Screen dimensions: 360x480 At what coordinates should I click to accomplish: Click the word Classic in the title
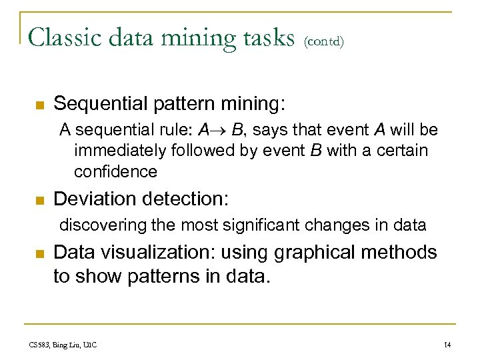(63, 38)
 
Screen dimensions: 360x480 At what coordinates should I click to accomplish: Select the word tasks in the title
(265, 38)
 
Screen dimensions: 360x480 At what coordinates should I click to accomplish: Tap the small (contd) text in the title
(323, 41)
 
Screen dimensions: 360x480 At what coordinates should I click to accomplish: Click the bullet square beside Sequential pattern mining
(39, 105)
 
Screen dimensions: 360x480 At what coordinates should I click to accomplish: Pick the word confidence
(115, 171)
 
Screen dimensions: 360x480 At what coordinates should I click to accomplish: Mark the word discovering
(102, 225)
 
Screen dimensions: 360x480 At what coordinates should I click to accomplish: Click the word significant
(261, 225)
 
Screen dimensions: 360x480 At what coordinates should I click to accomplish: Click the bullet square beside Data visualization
(39, 253)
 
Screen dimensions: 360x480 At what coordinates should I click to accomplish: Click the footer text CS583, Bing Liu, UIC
(63, 345)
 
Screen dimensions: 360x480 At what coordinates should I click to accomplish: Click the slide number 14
(447, 345)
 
